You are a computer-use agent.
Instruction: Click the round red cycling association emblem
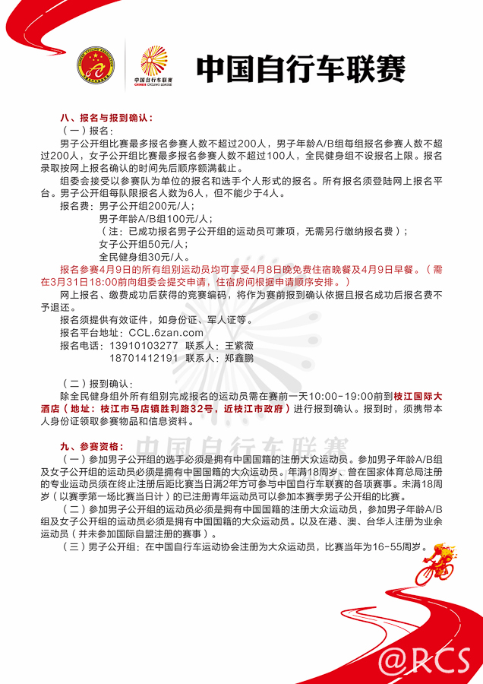point(96,66)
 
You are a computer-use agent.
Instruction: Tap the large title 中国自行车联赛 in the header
point(301,69)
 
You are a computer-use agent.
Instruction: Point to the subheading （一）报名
point(91,131)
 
